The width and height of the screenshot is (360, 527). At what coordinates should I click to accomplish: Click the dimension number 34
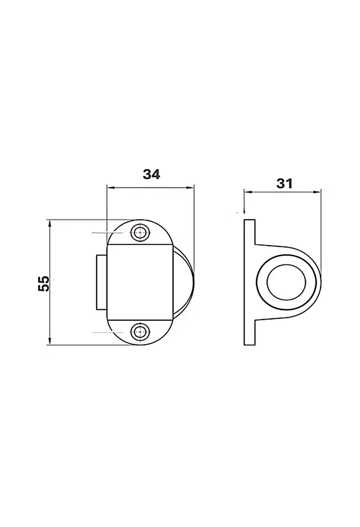click(x=151, y=174)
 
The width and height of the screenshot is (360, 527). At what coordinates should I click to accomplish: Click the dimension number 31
click(x=284, y=184)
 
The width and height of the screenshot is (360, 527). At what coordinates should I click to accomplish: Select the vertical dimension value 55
click(x=44, y=284)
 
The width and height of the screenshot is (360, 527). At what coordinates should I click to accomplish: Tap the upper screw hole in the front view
click(x=140, y=232)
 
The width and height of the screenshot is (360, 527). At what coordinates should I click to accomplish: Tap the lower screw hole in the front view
click(x=140, y=332)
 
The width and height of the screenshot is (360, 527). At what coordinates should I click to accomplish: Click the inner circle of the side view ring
click(x=286, y=282)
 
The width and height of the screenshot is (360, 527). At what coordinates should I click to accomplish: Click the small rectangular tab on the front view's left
click(x=102, y=283)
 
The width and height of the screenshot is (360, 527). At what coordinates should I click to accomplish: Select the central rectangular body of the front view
click(x=140, y=282)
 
